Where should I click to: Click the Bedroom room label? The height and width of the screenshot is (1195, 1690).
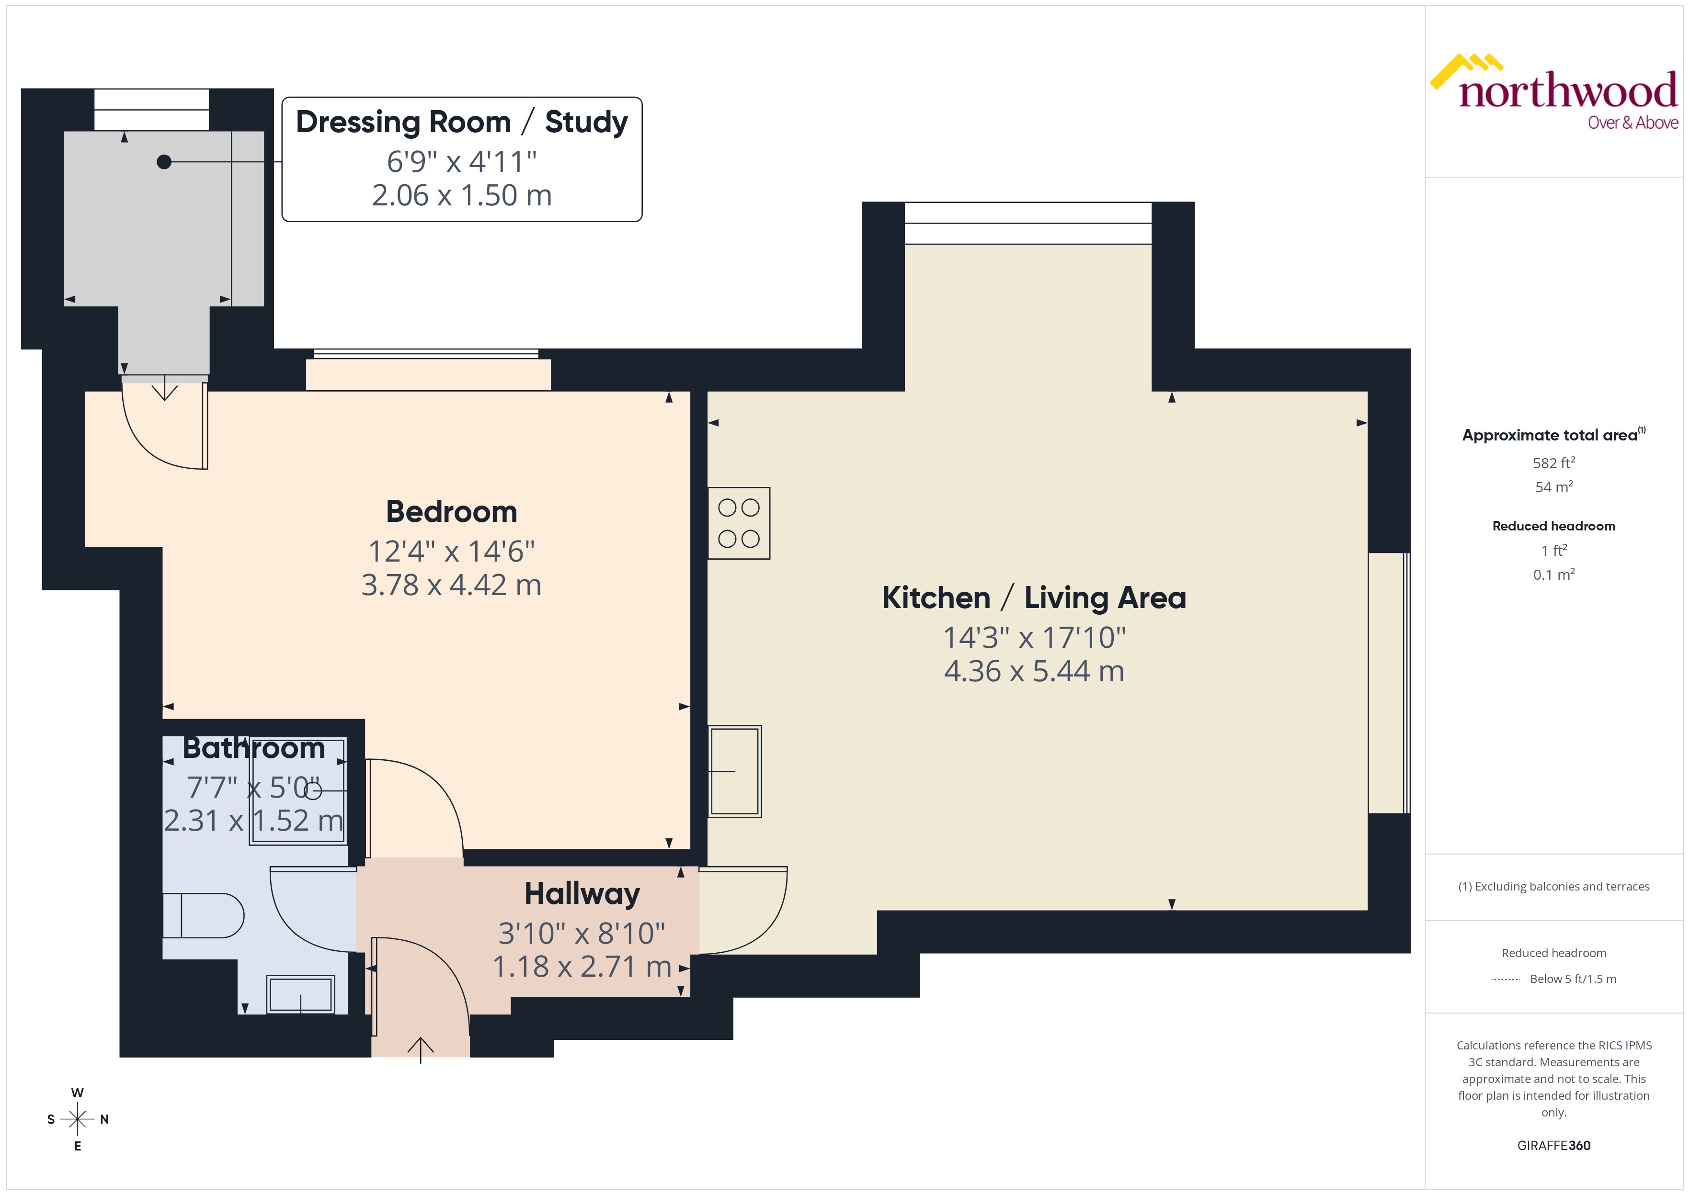point(451,511)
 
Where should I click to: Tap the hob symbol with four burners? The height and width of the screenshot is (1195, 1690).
point(738,523)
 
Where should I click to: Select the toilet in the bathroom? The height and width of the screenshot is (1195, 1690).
point(203,915)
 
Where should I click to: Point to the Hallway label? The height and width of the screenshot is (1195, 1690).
point(582,893)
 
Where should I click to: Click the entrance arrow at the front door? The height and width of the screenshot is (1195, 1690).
point(420,1048)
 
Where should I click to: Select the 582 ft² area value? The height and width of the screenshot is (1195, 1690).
point(1553,463)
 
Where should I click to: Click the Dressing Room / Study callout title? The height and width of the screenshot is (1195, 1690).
point(461,122)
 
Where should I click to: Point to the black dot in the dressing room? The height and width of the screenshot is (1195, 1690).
point(164,162)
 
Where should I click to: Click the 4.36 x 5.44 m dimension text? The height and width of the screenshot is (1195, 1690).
point(1033,671)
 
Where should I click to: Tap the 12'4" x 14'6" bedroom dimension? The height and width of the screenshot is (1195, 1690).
point(451,551)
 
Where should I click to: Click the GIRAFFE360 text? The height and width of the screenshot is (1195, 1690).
point(1553,1145)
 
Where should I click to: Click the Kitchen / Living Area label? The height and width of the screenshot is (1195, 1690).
point(1033,597)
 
